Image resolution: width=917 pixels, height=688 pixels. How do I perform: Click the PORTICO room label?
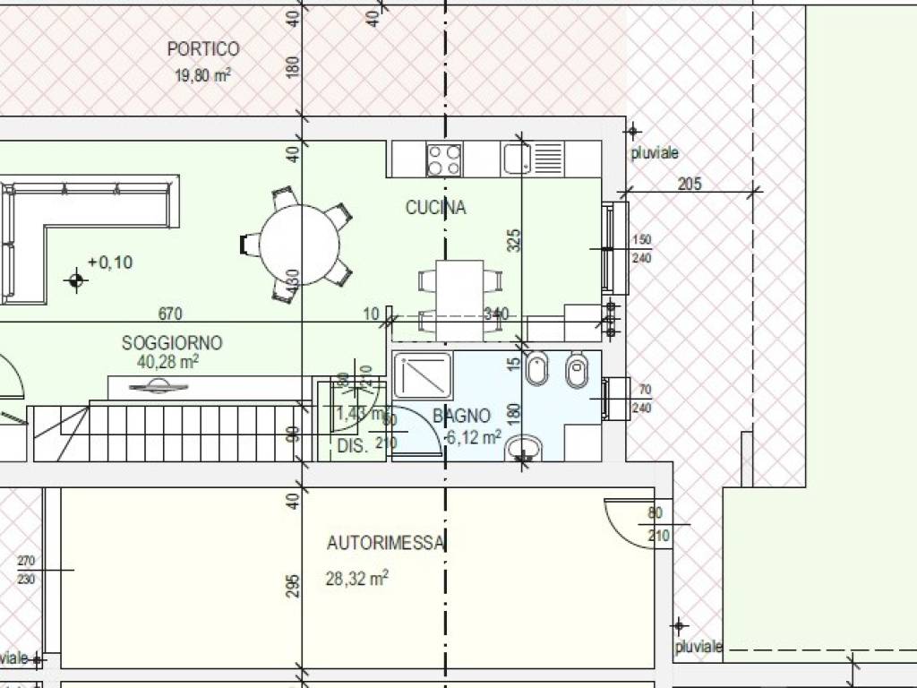click(x=203, y=49)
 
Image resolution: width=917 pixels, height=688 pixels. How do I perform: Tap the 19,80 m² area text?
click(x=202, y=76)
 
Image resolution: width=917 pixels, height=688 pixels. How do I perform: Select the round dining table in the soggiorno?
click(x=301, y=245)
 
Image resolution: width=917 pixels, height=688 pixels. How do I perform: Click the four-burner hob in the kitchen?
click(x=444, y=159)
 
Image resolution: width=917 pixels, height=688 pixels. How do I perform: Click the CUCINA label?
click(x=436, y=208)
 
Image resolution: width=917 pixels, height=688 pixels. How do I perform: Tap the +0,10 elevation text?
click(x=110, y=262)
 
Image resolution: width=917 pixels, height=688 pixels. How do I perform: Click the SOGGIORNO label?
click(x=172, y=343)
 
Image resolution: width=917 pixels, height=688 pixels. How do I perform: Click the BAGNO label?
click(x=462, y=416)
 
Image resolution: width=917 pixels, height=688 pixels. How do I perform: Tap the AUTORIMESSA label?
click(x=386, y=543)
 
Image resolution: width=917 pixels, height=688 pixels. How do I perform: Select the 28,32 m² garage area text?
click(x=356, y=579)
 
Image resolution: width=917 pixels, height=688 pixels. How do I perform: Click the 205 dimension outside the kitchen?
click(x=690, y=185)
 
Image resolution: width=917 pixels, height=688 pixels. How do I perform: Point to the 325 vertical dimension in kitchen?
click(x=513, y=240)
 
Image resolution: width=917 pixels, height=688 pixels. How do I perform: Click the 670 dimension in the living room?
click(x=170, y=314)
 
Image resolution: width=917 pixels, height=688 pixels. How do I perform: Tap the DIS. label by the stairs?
click(x=353, y=445)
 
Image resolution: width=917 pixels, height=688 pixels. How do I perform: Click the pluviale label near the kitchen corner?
click(x=655, y=154)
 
